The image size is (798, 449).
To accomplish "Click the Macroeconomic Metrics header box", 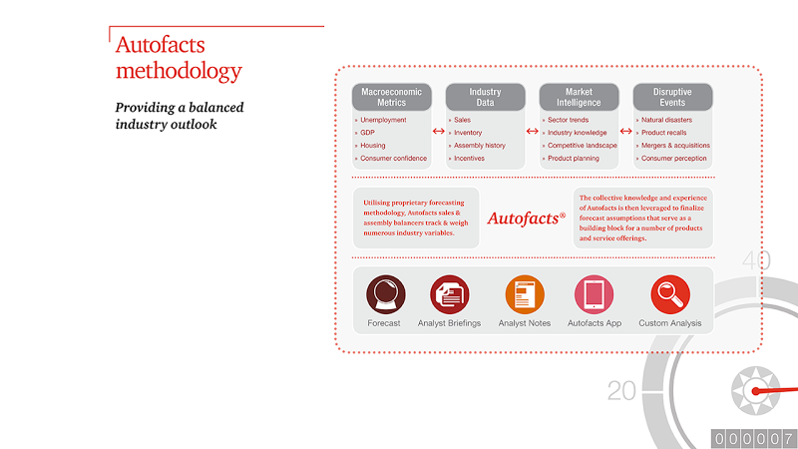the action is click(x=391, y=97).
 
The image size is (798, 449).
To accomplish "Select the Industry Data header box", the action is click(x=485, y=97).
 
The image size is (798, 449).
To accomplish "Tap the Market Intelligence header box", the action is click(x=579, y=97).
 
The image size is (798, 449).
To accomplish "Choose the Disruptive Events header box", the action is click(x=672, y=97).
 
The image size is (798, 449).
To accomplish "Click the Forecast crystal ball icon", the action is click(x=386, y=294).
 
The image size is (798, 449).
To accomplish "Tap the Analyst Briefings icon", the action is click(x=450, y=294).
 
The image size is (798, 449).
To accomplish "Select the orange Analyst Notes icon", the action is click(x=525, y=294).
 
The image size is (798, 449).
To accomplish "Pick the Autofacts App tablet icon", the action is click(x=594, y=294).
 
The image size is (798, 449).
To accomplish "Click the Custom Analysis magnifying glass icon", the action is click(x=670, y=294).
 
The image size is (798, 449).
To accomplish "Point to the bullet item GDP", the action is click(x=367, y=133).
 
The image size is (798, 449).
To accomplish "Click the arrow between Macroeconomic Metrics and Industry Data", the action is click(x=438, y=132).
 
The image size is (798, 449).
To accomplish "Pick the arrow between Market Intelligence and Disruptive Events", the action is click(x=625, y=132).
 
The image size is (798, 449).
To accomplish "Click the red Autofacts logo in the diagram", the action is click(x=527, y=219).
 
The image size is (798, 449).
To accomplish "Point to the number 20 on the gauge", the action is click(x=621, y=391).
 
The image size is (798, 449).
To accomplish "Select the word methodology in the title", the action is click(x=179, y=71).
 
